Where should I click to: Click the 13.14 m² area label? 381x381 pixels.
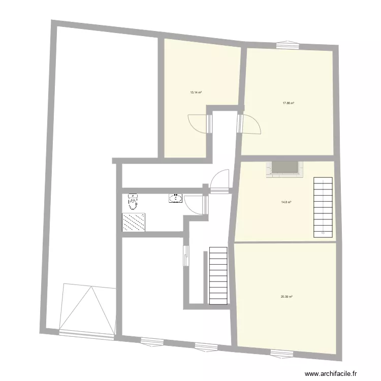[196, 92]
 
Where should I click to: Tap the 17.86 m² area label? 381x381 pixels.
[289, 103]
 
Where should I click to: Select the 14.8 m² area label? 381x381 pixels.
[286, 202]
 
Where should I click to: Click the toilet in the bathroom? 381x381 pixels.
[133, 202]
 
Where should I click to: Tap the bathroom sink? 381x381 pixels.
[176, 198]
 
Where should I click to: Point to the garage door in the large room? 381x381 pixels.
[87, 309]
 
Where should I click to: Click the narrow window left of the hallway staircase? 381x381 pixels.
[186, 255]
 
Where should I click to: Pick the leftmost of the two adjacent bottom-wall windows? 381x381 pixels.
[151, 341]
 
